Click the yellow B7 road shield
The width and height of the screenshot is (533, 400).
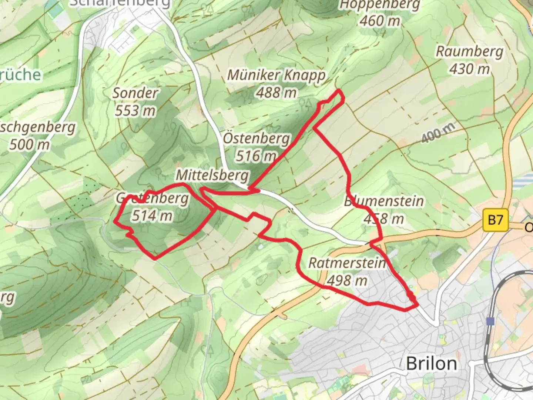pyautogui.click(x=495, y=220)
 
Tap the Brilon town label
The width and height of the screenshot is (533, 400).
pyautogui.click(x=431, y=363)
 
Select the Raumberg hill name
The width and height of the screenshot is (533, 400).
pyautogui.click(x=469, y=51)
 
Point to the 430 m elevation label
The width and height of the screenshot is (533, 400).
pyautogui.click(x=469, y=69)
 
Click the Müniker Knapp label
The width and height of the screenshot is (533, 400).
pyautogui.click(x=276, y=75)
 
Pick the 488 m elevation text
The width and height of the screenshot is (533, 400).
pyautogui.click(x=276, y=93)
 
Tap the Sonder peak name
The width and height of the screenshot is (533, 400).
pyautogui.click(x=135, y=93)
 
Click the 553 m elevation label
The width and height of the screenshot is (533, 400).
pyautogui.click(x=135, y=110)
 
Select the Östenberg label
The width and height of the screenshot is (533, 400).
pyautogui.click(x=256, y=139)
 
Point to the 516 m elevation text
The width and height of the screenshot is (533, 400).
pyautogui.click(x=256, y=156)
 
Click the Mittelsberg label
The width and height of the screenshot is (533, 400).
pyautogui.click(x=212, y=175)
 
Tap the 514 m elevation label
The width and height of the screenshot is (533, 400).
pyautogui.click(x=152, y=215)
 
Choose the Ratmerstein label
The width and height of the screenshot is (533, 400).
pyautogui.click(x=347, y=263)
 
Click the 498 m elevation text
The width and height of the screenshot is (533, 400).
pyautogui.click(x=347, y=280)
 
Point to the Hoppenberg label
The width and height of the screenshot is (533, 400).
pyautogui.click(x=380, y=5)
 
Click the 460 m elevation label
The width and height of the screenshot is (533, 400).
pyautogui.click(x=380, y=21)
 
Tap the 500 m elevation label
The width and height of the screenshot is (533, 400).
pyautogui.click(x=30, y=144)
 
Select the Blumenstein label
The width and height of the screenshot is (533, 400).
pyautogui.click(x=384, y=201)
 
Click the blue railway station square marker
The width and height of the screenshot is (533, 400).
pyautogui.click(x=490, y=321)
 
